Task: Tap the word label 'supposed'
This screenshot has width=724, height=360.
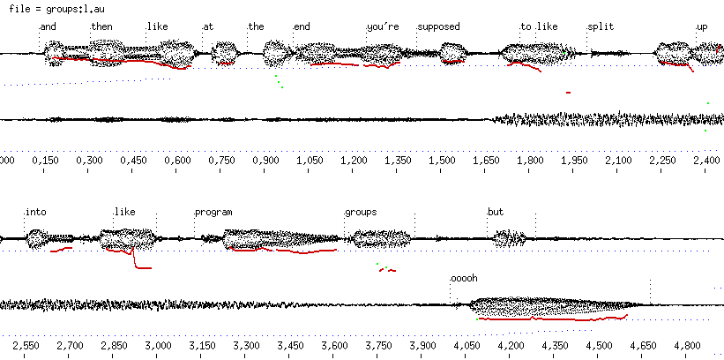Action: tap(439, 26)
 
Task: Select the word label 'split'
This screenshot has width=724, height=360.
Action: tap(600, 26)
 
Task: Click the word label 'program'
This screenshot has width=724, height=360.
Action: tap(213, 212)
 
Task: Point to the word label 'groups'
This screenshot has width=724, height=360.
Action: tap(361, 212)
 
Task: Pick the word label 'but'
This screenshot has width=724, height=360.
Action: tap(496, 212)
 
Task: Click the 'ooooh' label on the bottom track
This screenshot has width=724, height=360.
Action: tap(464, 278)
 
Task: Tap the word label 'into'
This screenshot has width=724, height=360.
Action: tap(35, 212)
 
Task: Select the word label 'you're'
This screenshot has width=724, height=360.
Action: tap(384, 26)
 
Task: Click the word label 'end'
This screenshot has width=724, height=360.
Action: tap(302, 26)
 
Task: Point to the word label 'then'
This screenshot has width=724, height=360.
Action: tap(101, 26)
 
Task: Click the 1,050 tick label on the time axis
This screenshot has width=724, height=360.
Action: tap(310, 161)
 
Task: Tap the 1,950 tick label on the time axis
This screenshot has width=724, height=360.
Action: tap(574, 161)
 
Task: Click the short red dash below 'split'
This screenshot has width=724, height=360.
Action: tap(569, 92)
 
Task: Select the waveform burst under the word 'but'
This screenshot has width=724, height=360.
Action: tap(510, 238)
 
